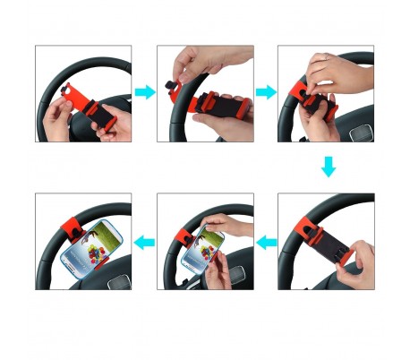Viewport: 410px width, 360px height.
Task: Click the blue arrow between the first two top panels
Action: [x=144, y=92]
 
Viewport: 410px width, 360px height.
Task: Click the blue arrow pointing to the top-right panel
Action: [x=266, y=92]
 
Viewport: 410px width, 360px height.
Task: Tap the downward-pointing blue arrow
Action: [x=328, y=167]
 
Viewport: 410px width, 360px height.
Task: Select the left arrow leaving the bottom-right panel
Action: [x=266, y=241]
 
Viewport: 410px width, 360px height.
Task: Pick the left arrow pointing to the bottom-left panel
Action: [x=144, y=241]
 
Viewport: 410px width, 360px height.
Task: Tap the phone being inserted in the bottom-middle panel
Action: [x=201, y=251]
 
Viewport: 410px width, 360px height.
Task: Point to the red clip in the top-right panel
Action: [x=313, y=99]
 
